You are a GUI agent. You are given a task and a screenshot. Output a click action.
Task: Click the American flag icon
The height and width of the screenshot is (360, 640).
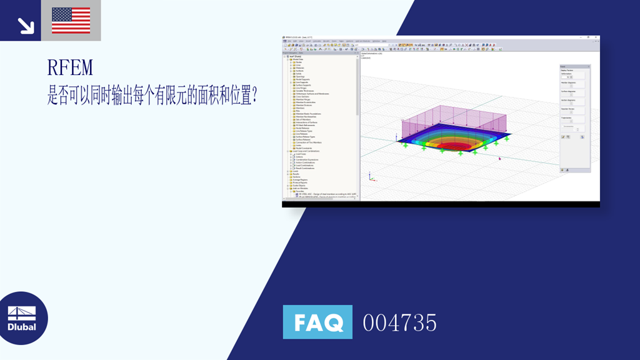(x=71, y=20)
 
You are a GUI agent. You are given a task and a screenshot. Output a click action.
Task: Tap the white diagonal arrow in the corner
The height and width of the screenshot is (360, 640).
(x=26, y=24)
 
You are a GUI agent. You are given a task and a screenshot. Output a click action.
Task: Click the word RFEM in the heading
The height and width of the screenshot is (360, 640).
(x=70, y=67)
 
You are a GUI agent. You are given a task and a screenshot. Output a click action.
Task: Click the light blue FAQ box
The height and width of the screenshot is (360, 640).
(x=317, y=322)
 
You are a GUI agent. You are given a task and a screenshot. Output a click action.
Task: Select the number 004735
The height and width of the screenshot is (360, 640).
(x=399, y=322)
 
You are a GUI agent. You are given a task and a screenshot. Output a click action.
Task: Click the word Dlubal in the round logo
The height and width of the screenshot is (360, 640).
(x=22, y=327)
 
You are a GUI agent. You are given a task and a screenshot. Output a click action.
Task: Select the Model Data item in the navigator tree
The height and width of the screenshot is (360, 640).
(x=297, y=59)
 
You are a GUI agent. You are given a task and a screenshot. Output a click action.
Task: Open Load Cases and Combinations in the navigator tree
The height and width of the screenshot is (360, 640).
(x=306, y=151)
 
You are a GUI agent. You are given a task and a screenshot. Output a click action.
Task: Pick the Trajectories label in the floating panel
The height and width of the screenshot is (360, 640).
(x=567, y=116)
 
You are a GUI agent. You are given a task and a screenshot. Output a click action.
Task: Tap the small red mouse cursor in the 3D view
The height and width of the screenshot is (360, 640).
(x=499, y=158)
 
